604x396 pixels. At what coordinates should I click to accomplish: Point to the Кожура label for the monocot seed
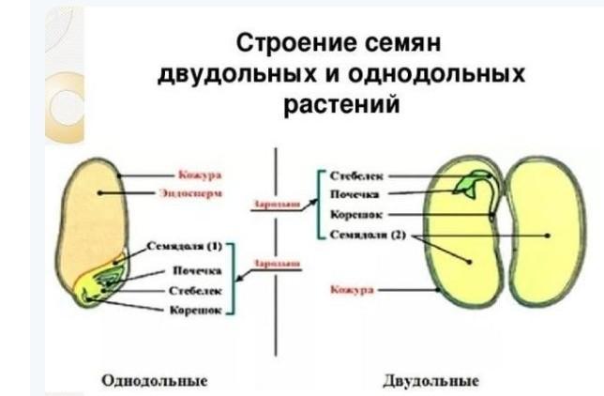click(197, 175)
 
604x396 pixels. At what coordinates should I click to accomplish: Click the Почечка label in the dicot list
click(354, 194)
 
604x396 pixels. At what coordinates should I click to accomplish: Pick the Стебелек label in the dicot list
click(356, 175)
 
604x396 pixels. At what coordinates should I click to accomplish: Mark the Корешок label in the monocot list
click(195, 308)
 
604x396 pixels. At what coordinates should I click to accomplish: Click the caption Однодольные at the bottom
click(154, 380)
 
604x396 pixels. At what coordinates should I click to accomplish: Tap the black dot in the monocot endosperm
click(97, 191)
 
